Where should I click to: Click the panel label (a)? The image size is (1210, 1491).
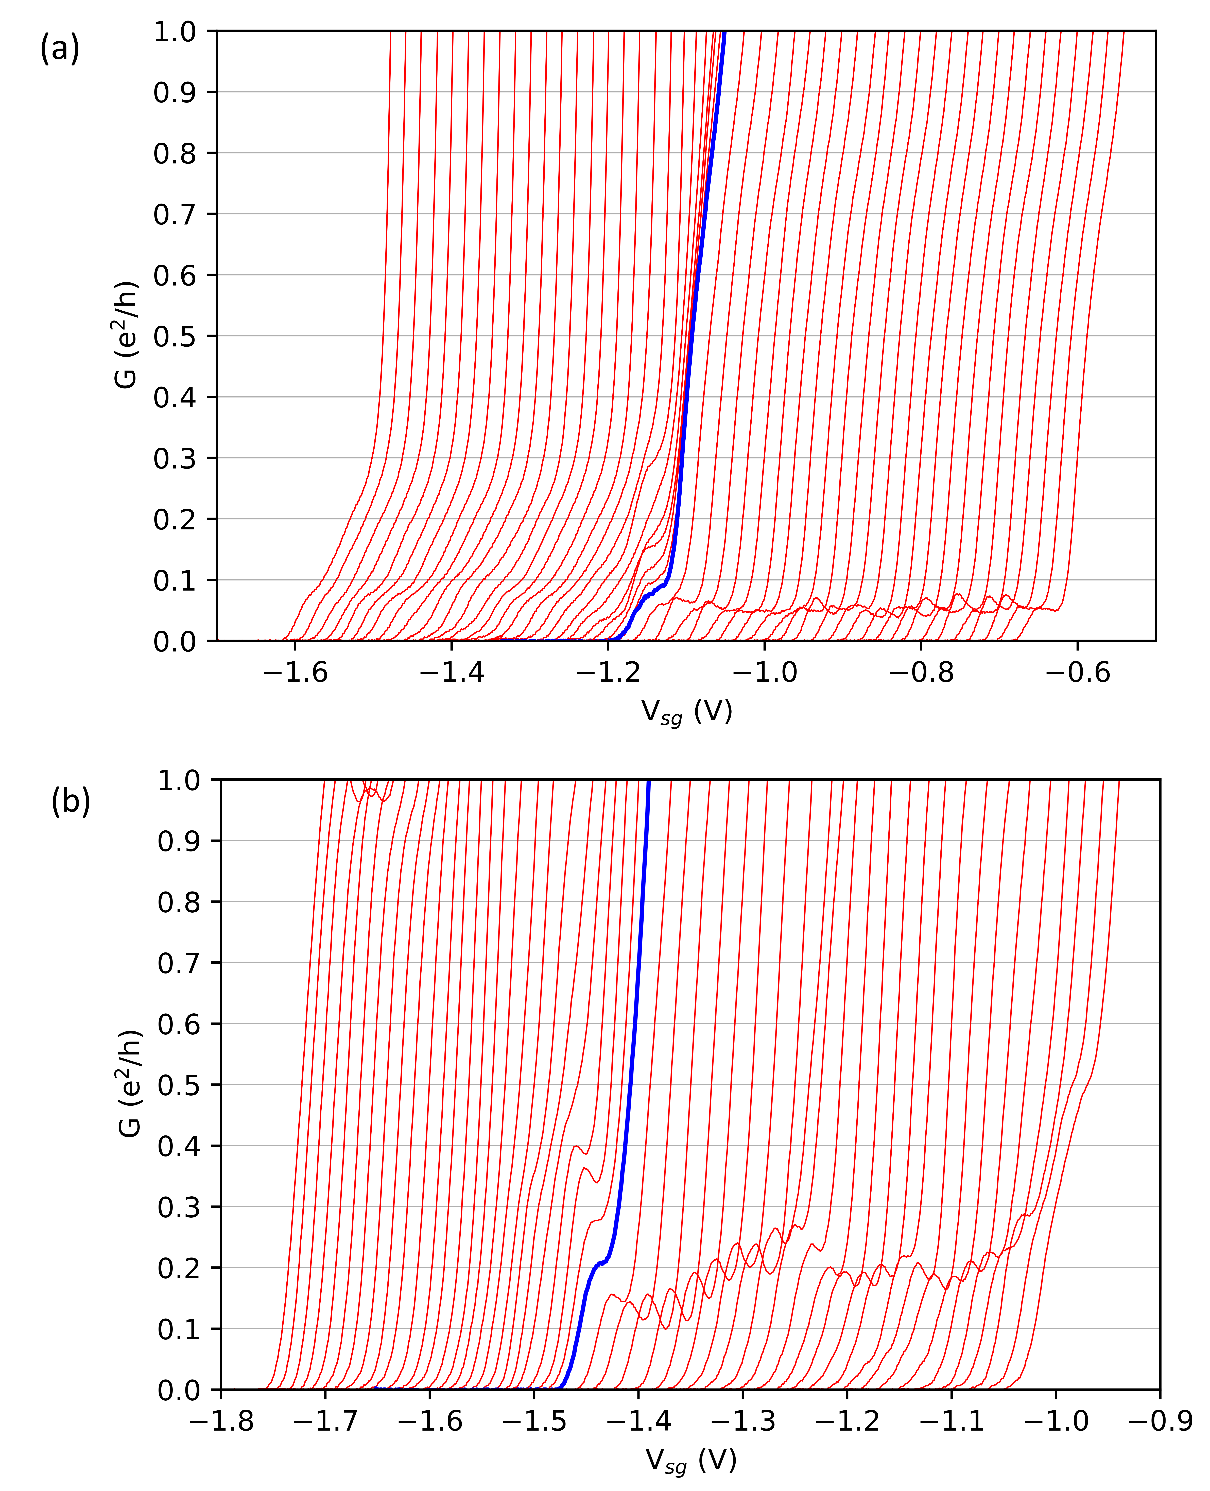point(60,49)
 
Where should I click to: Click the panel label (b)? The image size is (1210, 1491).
point(70,802)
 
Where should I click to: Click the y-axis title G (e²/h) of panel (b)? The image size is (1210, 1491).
point(131,1085)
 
